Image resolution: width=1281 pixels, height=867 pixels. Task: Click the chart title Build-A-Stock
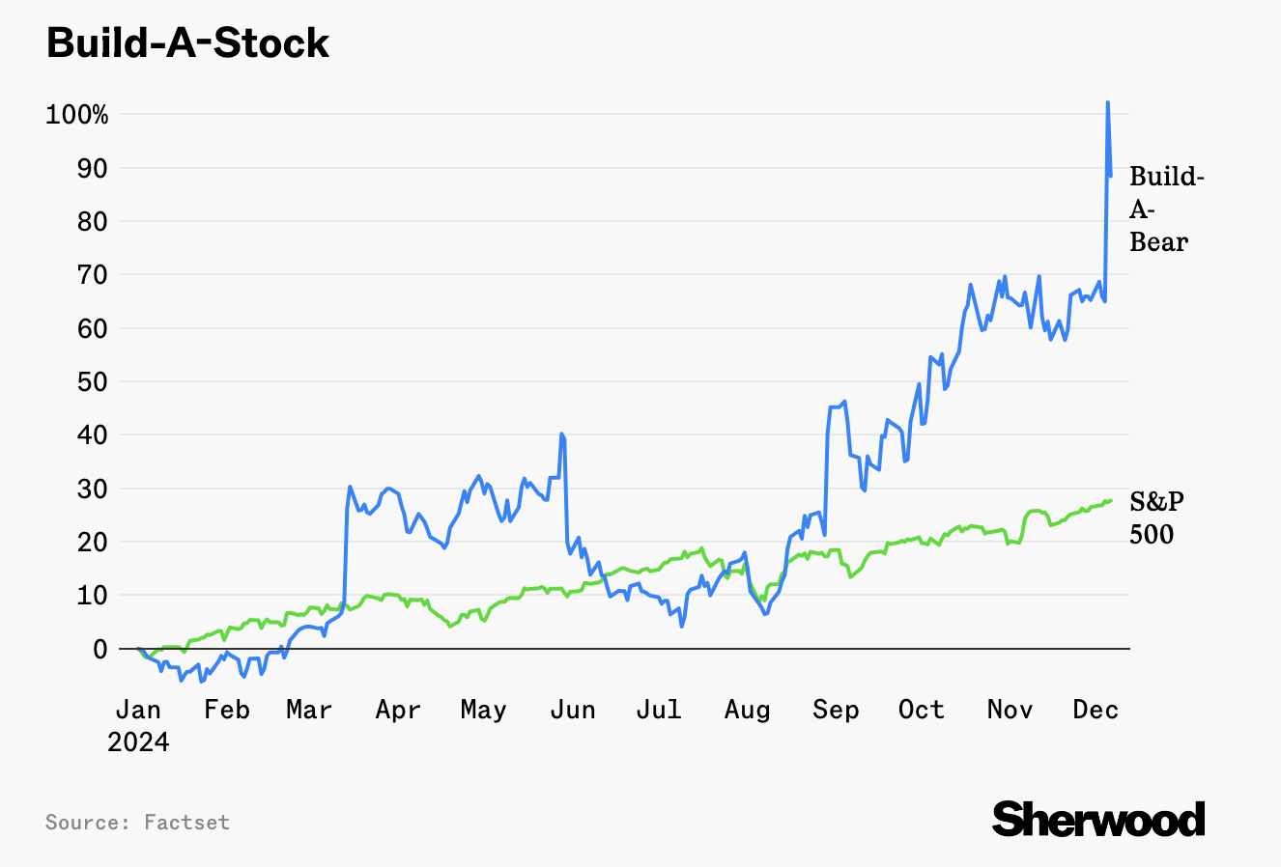[x=188, y=43]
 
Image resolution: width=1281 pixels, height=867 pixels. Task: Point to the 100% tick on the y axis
[x=77, y=115]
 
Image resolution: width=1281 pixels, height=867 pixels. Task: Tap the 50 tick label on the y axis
[x=94, y=382]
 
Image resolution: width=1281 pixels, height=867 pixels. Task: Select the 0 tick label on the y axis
[x=100, y=649]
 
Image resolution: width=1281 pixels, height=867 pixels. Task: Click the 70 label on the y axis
[x=94, y=275]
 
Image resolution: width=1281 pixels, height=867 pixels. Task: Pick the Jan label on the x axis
[x=138, y=711]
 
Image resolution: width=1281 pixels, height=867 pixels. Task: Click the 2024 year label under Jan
[x=138, y=742]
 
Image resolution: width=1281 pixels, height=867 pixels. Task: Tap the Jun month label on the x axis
[x=572, y=711]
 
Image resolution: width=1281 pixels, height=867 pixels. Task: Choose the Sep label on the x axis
[x=836, y=711]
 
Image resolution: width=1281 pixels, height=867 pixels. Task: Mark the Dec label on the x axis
[x=1096, y=711]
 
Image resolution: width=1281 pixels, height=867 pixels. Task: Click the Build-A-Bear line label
[x=1165, y=209]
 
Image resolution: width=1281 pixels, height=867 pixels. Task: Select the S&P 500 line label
[x=1156, y=517]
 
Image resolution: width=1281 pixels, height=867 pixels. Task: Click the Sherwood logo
[x=1098, y=820]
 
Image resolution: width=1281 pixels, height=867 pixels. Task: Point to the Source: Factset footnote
[x=137, y=823]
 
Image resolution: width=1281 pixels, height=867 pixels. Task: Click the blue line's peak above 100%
[x=1107, y=102]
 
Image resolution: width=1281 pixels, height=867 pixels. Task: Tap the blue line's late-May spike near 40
[x=561, y=434]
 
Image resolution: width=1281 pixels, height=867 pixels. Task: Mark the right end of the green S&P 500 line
[x=1111, y=500]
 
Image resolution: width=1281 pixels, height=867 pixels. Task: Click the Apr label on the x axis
[x=398, y=711]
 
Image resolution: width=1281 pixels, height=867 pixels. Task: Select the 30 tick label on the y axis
[x=94, y=489]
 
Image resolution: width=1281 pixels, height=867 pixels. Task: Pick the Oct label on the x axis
[x=921, y=711]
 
